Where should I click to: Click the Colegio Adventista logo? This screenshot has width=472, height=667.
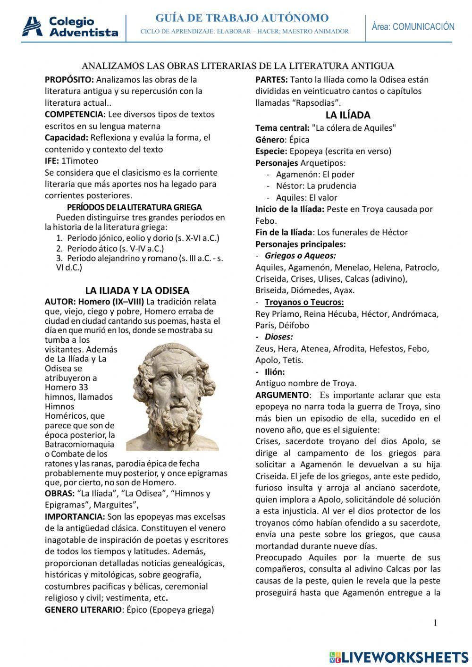click(70, 27)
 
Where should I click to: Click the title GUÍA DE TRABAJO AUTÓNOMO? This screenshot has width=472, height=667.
click(242, 18)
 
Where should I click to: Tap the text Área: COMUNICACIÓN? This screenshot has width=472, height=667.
click(413, 27)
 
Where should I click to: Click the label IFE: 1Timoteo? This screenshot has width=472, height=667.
click(71, 161)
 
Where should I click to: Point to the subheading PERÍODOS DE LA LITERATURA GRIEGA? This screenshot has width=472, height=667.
click(135, 207)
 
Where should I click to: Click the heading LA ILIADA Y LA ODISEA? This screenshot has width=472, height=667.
click(137, 290)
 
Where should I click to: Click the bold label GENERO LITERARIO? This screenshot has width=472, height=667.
click(83, 609)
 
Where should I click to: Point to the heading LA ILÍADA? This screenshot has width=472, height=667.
click(348, 115)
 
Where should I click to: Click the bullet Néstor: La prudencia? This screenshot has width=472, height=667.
click(316, 186)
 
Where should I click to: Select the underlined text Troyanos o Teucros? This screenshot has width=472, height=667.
click(304, 302)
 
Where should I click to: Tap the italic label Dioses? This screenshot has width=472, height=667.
click(278, 337)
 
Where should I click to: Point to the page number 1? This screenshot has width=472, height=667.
click(435, 623)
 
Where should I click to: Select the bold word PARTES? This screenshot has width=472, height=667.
click(271, 79)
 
